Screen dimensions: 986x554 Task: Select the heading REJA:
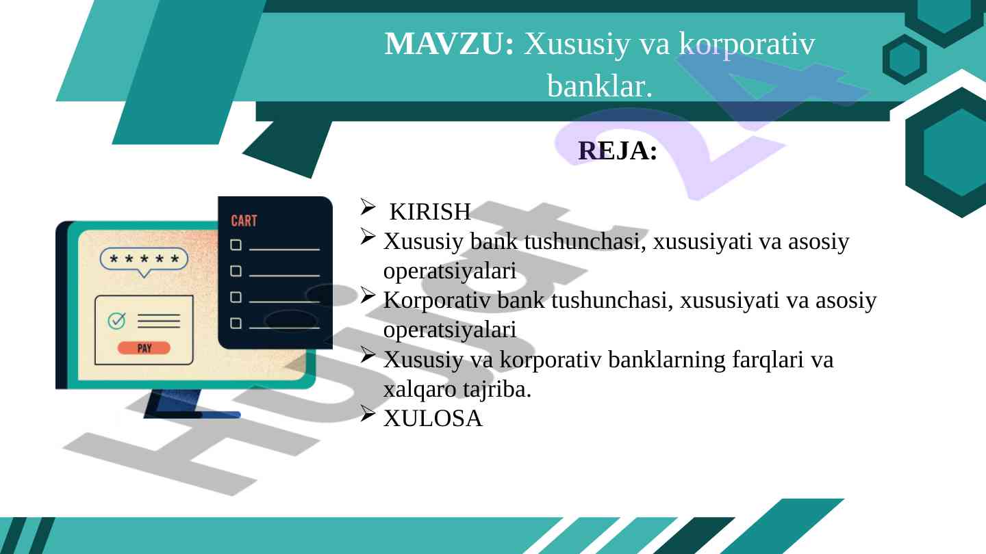tap(618, 150)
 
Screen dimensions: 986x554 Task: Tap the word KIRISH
tap(430, 211)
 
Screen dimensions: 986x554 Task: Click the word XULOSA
tap(433, 418)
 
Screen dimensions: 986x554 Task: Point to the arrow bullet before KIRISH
tap(368, 207)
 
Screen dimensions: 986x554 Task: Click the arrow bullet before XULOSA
tap(368, 413)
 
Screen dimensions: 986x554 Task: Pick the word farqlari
tap(768, 360)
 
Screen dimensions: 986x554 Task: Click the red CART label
tap(244, 221)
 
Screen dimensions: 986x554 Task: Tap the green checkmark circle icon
tap(116, 321)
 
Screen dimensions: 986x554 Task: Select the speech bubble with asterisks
tap(144, 261)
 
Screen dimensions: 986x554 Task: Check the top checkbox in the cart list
tap(236, 245)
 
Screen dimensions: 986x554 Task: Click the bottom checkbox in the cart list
tap(236, 323)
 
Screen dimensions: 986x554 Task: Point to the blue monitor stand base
tap(192, 414)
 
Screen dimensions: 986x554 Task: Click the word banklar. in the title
tap(600, 86)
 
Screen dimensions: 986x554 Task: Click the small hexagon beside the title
tap(905, 60)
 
